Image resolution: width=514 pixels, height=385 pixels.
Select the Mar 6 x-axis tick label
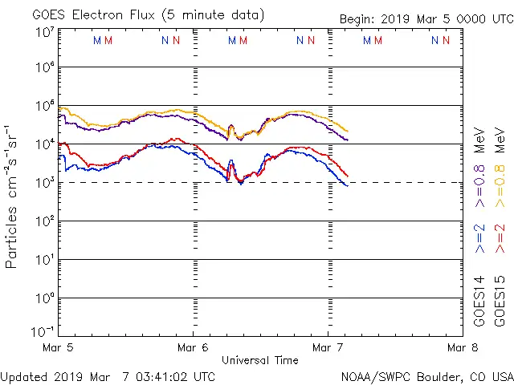click(x=193, y=347)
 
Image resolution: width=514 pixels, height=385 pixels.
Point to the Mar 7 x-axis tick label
click(x=327, y=347)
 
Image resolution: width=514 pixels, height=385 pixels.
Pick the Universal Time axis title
click(x=259, y=360)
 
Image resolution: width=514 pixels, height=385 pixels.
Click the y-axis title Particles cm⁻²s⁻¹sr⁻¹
click(x=13, y=196)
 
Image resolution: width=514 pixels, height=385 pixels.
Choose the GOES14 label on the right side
click(x=479, y=301)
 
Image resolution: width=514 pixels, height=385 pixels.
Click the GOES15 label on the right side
click(x=499, y=301)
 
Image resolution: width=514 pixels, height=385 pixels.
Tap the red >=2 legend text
click(x=499, y=239)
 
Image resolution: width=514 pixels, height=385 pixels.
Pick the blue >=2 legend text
click(x=479, y=239)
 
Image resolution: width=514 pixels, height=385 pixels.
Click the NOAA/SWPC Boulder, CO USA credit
click(x=426, y=375)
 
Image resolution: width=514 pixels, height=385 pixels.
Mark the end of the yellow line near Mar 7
click(x=347, y=131)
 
